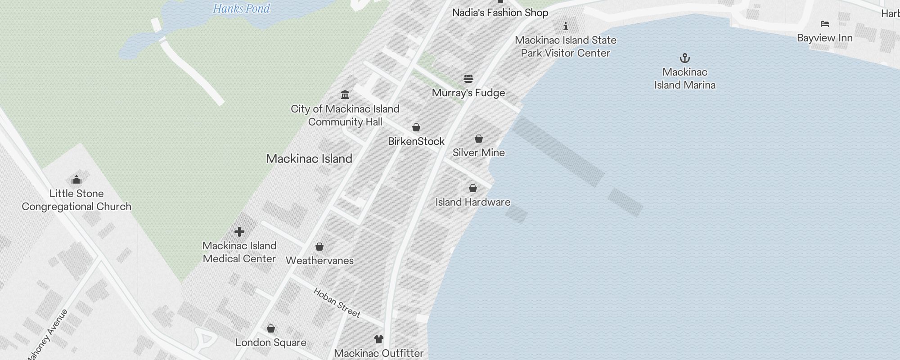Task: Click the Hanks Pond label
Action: click(241, 9)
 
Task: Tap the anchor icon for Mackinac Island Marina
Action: click(684, 58)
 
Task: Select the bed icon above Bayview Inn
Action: click(824, 24)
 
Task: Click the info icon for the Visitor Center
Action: click(565, 26)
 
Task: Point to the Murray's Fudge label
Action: click(468, 93)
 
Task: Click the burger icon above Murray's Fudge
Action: click(468, 79)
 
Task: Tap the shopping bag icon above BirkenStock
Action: click(416, 127)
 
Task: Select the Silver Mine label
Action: click(478, 153)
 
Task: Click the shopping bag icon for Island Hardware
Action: click(472, 188)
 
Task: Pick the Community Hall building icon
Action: click(345, 94)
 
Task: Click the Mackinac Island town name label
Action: click(309, 158)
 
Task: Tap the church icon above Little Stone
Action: click(76, 180)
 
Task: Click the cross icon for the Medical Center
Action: click(239, 232)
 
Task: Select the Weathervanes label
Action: click(319, 261)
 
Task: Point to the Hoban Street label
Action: click(337, 303)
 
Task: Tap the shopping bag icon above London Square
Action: click(271, 328)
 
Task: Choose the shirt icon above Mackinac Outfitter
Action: click(379, 339)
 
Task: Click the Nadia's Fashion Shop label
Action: click(500, 13)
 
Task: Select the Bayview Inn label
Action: click(824, 38)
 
